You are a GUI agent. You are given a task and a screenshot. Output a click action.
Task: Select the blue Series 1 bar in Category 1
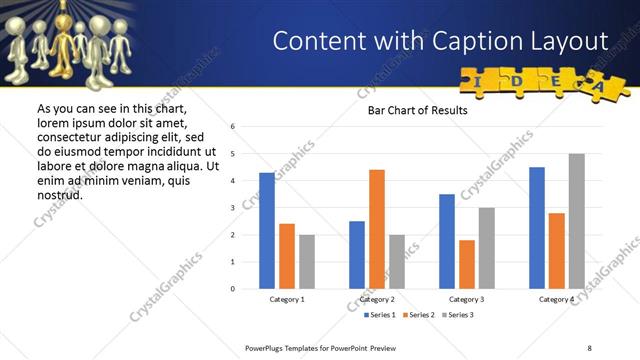[267, 231]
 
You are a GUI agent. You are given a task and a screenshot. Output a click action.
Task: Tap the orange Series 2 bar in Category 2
[377, 229]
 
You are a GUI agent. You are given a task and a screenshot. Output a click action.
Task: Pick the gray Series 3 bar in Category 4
[576, 221]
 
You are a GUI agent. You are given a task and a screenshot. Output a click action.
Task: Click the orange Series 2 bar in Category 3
[467, 264]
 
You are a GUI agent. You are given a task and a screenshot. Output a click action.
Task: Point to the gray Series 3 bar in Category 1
[306, 262]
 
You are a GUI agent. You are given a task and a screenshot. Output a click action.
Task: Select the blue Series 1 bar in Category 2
[357, 255]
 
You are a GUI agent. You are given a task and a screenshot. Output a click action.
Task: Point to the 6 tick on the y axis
[232, 127]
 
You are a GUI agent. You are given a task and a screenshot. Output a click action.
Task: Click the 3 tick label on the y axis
[232, 208]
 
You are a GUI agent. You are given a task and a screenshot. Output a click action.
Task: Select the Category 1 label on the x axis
[287, 299]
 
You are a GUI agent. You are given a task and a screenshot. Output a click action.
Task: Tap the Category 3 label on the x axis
[467, 299]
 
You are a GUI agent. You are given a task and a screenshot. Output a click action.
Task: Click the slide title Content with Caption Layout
[440, 41]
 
